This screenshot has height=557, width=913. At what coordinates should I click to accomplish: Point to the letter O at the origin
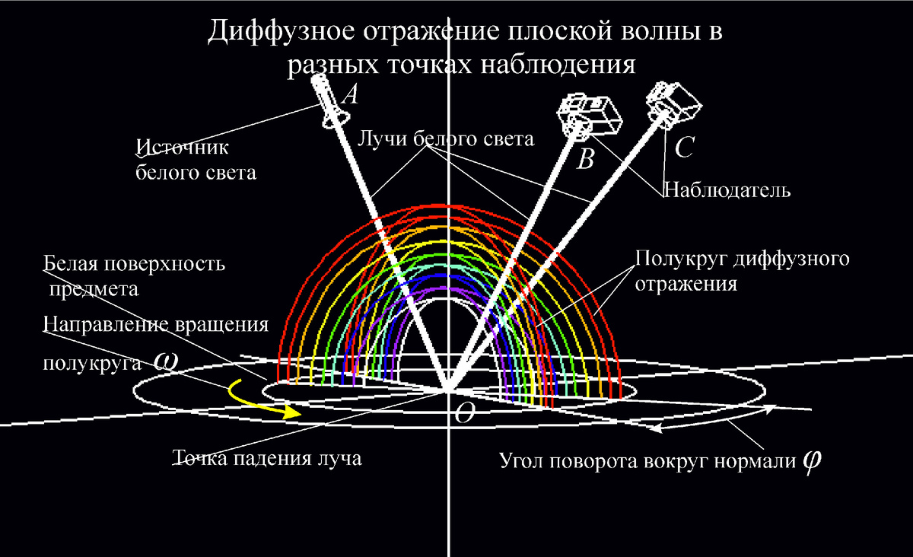click(464, 413)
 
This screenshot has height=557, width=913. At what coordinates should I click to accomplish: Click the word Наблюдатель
click(727, 190)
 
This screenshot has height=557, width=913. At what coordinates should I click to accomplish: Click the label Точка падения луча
click(267, 459)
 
